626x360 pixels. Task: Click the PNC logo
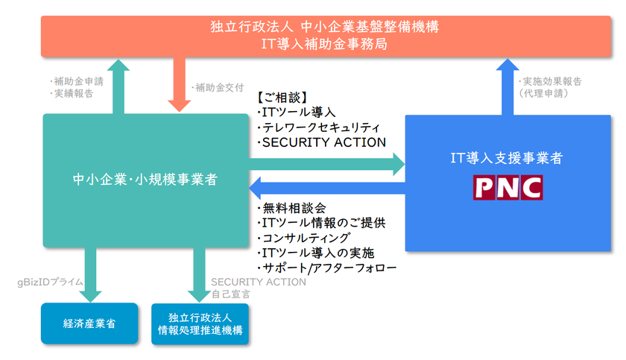pos(508,187)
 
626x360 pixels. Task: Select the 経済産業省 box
pos(89,323)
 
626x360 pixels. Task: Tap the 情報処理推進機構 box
pos(200,323)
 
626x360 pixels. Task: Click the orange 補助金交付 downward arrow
pos(180,84)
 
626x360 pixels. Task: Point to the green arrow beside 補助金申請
pos(118,86)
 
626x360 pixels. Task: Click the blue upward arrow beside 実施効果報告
pos(508,87)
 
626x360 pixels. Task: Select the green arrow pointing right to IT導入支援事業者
pos(327,164)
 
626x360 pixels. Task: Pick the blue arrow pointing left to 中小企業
pos(327,188)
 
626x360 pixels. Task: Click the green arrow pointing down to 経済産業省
pos(91,275)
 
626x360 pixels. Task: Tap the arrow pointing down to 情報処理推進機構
pos(199,275)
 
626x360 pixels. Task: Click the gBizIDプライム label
pos(50,282)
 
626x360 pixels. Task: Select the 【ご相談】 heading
pos(282,98)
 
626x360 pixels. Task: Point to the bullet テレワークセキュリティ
pos(319,127)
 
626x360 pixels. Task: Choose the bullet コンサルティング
pos(304,238)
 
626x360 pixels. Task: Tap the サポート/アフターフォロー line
pos(327,268)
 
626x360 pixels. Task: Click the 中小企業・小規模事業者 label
pos(145,180)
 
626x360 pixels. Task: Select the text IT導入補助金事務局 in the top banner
pos(324,44)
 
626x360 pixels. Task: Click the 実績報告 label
pos(72,93)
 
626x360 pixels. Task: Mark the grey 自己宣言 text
pos(231,294)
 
